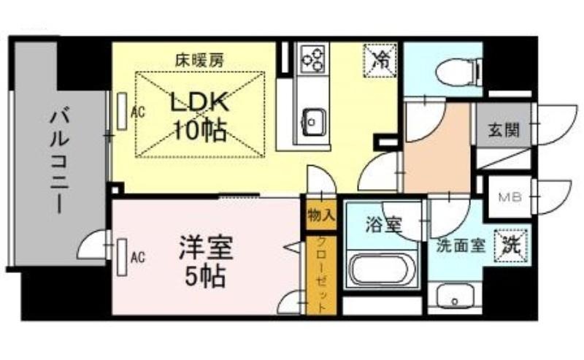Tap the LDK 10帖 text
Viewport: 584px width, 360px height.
tap(199, 117)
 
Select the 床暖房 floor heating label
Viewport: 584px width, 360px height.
tap(199, 60)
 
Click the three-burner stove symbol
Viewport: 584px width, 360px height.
tap(312, 58)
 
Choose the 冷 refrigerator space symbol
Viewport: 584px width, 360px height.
tap(380, 61)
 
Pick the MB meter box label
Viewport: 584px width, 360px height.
tap(510, 197)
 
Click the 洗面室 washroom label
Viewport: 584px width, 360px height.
tap(461, 245)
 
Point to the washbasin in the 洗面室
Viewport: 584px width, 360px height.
tap(454, 296)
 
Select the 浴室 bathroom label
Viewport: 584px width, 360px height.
tap(383, 225)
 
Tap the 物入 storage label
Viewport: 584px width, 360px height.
tap(321, 215)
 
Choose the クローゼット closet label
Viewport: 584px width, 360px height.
tap(322, 275)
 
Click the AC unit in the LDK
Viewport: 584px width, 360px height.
tap(122, 112)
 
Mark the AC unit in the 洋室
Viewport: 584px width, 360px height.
tap(122, 257)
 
